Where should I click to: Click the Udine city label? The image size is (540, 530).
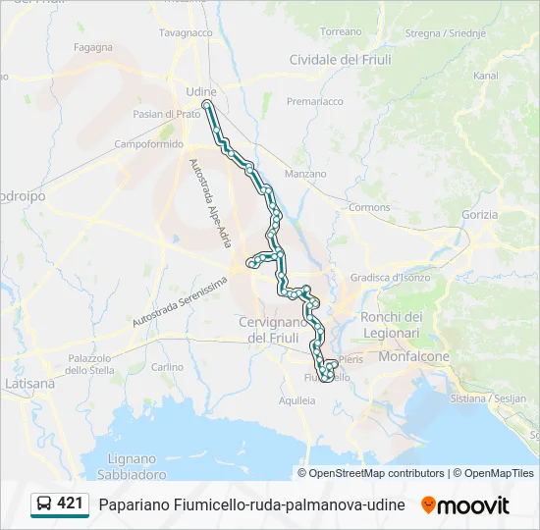coord(200,91)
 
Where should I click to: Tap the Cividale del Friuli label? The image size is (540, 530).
coord(340,60)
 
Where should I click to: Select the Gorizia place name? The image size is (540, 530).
coord(480,214)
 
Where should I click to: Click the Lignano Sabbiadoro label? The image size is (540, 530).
coord(133,466)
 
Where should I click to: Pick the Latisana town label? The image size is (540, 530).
coord(29,383)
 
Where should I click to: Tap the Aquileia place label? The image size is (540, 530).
coord(297,399)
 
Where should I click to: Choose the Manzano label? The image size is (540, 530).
coord(305,174)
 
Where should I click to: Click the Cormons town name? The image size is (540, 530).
coord(369,207)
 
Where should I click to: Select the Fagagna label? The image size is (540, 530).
coord(92,46)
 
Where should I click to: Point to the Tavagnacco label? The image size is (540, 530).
coord(186,32)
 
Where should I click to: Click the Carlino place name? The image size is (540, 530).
coord(167,367)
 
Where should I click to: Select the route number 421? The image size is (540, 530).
coord(70,503)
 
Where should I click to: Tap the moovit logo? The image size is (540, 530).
coord(465,505)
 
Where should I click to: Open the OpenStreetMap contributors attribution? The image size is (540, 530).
coord(376,473)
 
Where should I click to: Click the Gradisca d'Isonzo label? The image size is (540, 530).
coord(390,278)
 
